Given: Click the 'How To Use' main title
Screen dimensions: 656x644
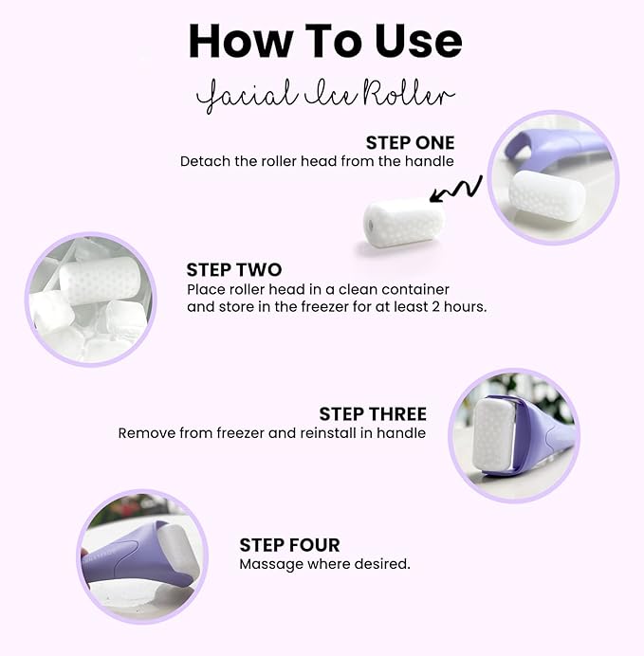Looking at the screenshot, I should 325,41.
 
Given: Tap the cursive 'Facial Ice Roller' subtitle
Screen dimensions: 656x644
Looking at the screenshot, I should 325,97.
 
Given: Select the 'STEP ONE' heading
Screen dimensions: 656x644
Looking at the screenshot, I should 410,143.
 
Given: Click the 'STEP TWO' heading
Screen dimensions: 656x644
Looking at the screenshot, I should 233,270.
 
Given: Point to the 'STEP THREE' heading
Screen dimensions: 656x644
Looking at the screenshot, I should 372,414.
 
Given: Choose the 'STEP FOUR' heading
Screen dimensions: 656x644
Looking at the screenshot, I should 289,545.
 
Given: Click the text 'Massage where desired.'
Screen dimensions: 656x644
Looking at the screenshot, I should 324,564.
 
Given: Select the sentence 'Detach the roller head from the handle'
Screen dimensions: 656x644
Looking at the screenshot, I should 317,162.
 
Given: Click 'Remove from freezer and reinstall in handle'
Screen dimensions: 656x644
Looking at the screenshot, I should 271,433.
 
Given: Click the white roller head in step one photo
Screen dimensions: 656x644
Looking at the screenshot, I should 545,195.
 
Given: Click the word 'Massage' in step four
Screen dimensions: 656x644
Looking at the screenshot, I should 267,564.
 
